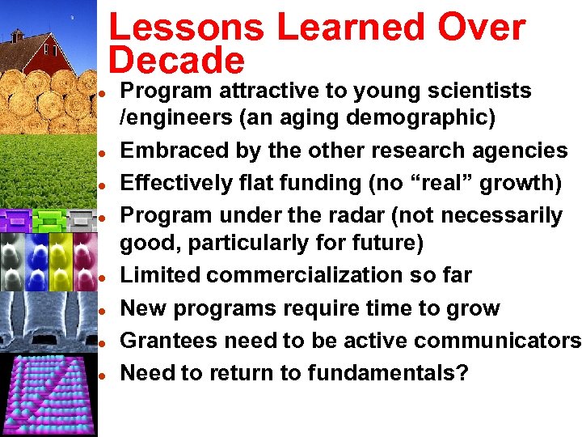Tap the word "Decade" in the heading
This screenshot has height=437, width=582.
click(176, 62)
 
